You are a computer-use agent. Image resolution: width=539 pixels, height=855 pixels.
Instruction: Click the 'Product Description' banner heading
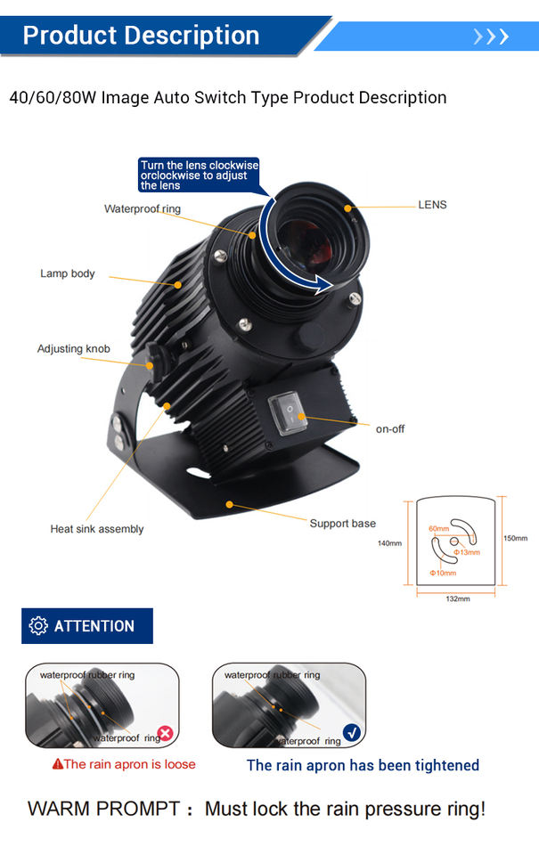141,36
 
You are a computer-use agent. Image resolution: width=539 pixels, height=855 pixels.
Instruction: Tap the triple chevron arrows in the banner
491,37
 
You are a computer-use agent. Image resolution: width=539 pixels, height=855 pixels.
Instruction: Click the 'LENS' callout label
432,205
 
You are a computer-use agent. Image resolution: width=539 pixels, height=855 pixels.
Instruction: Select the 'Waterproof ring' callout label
143,209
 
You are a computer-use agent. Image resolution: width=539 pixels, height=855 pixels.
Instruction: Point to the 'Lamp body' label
68,273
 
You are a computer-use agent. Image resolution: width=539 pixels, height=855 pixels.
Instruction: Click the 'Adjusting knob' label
74,348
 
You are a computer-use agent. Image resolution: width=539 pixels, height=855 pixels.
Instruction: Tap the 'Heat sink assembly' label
97,529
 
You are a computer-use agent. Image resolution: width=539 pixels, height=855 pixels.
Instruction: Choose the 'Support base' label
343,524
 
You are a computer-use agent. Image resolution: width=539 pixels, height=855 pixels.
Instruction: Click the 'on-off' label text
390,429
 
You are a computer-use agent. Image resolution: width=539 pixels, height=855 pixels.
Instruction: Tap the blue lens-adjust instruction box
199,175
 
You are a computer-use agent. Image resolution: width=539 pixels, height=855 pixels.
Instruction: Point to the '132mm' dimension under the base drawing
458,598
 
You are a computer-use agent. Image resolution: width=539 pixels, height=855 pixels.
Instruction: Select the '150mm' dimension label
516,538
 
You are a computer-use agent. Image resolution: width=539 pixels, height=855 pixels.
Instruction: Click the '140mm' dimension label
390,543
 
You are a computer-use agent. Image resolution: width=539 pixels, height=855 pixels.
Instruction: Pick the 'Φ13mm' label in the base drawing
467,552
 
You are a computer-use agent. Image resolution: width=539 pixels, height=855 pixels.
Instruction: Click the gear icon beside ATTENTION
38,625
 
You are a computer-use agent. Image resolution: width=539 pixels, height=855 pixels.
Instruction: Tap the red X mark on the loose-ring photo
165,735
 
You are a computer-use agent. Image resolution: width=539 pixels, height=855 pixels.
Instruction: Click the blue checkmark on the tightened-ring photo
352,734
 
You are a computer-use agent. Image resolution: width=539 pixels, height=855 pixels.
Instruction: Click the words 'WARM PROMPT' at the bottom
104,810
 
